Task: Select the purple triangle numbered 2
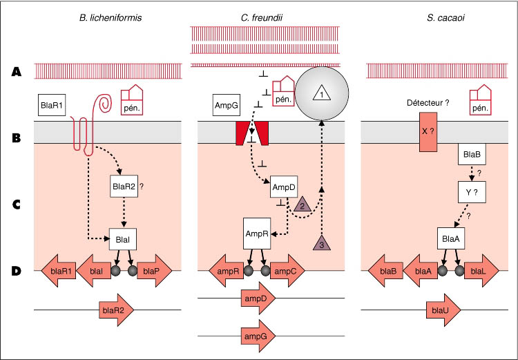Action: [x=302, y=205]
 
